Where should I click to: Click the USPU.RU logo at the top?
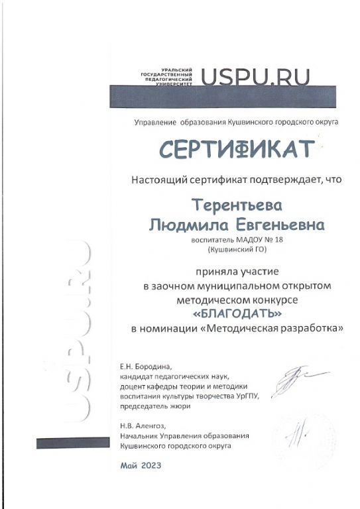click(x=255, y=77)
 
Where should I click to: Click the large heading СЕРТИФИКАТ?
click(x=236, y=148)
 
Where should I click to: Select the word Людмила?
click(x=186, y=225)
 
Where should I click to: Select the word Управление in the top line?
click(x=154, y=123)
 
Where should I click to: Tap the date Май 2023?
click(x=141, y=465)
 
